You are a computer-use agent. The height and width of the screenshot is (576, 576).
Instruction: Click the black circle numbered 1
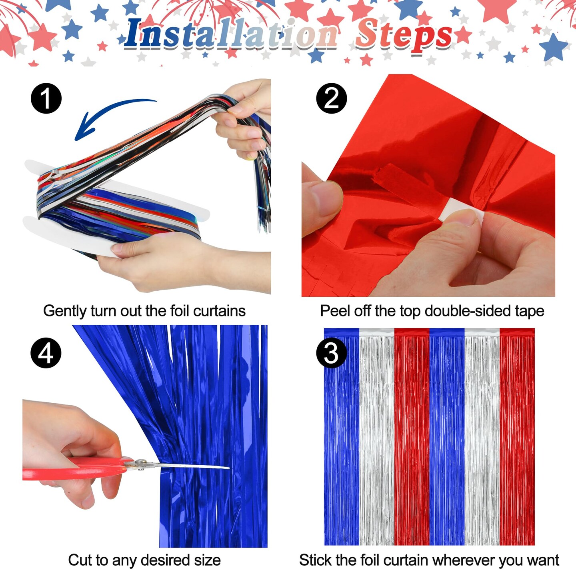pyautogui.click(x=46, y=98)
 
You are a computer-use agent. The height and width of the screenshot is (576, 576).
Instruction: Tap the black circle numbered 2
pyautogui.click(x=331, y=98)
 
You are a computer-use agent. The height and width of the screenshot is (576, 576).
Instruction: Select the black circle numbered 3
pyautogui.click(x=331, y=353)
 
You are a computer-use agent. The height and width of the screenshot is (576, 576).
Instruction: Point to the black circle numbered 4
pyautogui.click(x=46, y=353)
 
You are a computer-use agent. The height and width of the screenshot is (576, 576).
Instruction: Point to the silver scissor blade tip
pyautogui.click(x=226, y=467)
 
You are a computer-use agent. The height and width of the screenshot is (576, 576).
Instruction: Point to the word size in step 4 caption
pyautogui.click(x=207, y=560)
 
